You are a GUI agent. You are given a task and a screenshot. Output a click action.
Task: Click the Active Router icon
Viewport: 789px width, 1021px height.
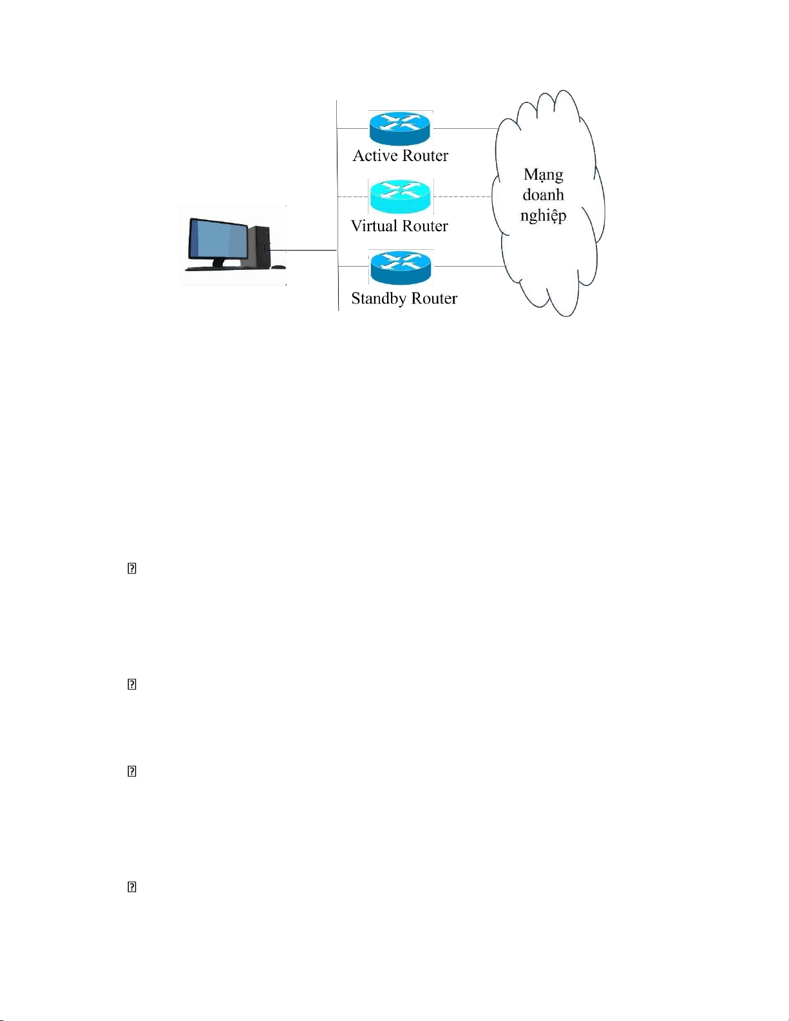click(x=399, y=128)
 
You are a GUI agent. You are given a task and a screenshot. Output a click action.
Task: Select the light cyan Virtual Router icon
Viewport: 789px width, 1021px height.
click(x=399, y=196)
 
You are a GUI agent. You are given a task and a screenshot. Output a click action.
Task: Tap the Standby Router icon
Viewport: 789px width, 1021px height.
click(x=400, y=267)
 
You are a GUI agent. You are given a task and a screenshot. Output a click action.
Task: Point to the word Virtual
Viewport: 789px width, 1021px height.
click(x=374, y=226)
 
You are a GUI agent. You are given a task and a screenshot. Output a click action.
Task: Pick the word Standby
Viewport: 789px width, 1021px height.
click(x=379, y=299)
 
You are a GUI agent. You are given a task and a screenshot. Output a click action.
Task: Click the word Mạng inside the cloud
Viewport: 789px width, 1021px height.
click(x=543, y=175)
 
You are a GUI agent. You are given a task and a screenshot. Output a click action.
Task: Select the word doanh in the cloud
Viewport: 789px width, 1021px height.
click(x=543, y=195)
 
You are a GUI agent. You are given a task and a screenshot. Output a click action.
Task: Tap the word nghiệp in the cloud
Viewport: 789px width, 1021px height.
click(x=543, y=215)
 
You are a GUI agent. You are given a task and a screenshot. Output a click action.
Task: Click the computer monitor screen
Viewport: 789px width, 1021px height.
click(x=218, y=239)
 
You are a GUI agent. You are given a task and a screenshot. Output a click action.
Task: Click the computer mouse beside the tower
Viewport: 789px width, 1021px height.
click(x=278, y=267)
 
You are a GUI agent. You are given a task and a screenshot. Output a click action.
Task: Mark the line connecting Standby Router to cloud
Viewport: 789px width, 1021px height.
click(x=467, y=266)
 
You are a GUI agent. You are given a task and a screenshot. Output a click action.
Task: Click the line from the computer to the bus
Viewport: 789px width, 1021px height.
click(x=303, y=250)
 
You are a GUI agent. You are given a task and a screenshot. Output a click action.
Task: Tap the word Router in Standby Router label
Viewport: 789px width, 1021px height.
click(x=434, y=299)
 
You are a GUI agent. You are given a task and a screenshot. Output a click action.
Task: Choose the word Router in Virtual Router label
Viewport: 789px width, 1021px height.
click(x=424, y=226)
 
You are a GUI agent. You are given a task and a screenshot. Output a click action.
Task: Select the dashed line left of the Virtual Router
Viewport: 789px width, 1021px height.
click(x=353, y=196)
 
